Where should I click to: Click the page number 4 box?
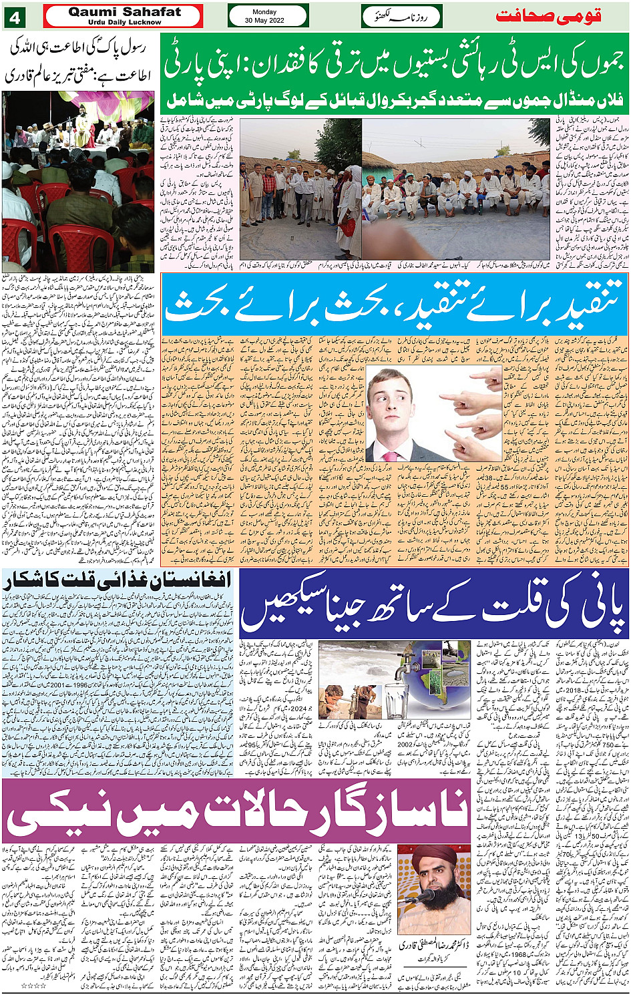click(x=14, y=17)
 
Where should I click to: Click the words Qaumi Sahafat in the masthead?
click(x=124, y=12)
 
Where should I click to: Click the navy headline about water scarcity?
click(x=434, y=604)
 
